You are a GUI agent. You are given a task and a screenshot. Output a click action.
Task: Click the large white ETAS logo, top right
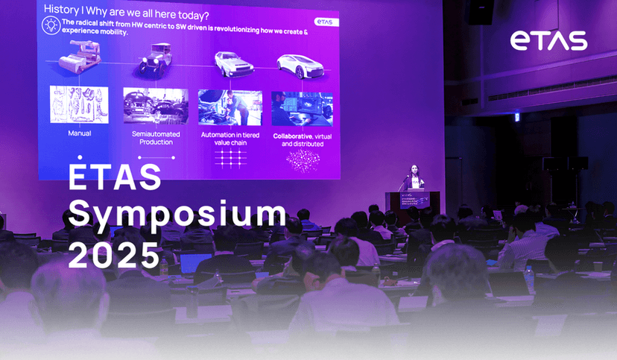(x=548, y=42)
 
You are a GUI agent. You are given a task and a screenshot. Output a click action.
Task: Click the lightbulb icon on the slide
(x=51, y=25)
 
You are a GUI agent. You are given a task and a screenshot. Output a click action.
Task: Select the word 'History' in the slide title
(x=62, y=9)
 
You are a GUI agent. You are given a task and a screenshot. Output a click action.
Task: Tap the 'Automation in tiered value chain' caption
(x=230, y=139)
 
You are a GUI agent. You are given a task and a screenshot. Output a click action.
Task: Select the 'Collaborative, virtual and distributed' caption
(x=302, y=139)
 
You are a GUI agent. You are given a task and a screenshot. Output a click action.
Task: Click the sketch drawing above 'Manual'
(x=79, y=104)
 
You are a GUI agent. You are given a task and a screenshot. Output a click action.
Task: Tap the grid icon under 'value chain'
(x=230, y=159)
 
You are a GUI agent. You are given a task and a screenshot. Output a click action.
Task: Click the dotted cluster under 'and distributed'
(x=303, y=160)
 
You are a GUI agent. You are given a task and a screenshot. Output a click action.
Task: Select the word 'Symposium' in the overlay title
(x=177, y=215)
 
